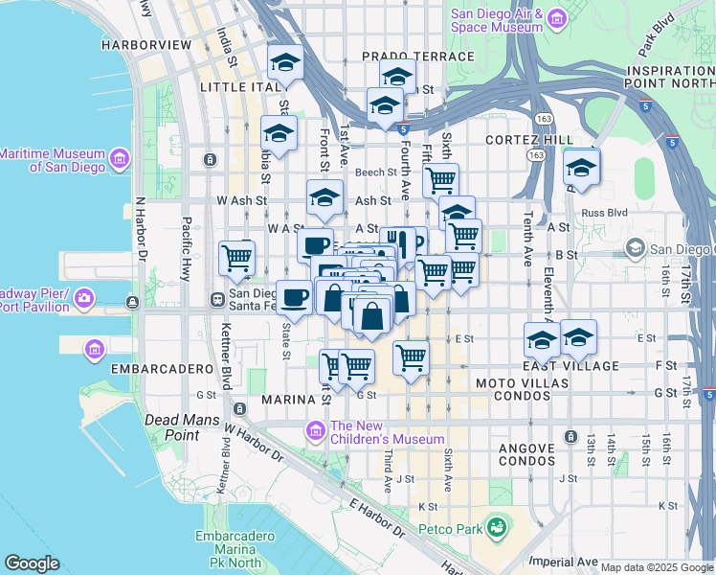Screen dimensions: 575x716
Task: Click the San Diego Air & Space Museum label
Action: (x=497, y=21)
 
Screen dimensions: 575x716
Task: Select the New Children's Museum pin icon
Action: (x=315, y=432)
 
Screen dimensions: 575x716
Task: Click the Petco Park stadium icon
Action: (x=496, y=527)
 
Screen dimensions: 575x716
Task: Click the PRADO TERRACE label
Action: (x=417, y=57)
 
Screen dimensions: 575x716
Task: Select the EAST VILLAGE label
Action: (x=571, y=366)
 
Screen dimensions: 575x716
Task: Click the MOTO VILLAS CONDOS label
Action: (x=523, y=383)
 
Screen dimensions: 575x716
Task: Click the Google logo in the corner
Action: (x=32, y=563)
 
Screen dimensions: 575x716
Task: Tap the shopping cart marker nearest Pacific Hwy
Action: (x=236, y=257)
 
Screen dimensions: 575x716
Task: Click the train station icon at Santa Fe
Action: (x=217, y=300)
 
